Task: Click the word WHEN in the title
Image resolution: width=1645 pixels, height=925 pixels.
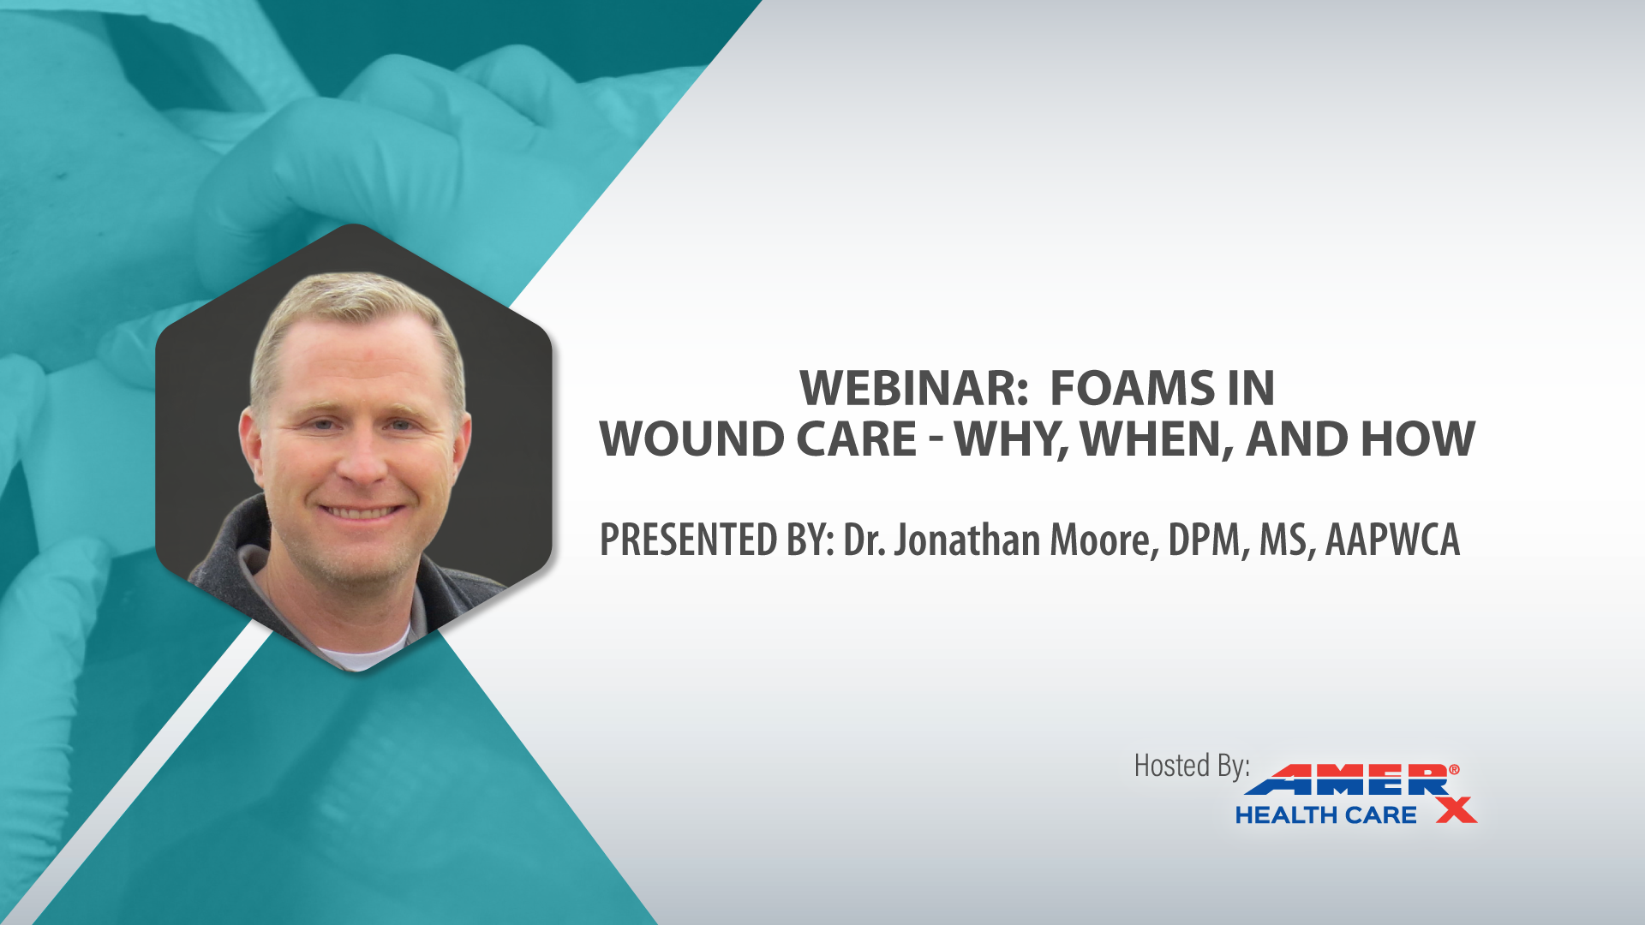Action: pos(1157,440)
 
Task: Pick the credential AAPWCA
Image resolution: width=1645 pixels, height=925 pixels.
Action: pos(1392,540)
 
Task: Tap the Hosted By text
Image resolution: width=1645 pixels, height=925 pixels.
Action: pos(1192,766)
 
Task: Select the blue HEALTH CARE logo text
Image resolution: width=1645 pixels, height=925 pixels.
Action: pos(1325,815)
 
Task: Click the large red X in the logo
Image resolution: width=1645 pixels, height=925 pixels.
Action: pos(1457,809)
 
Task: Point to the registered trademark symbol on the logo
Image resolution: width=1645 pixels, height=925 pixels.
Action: pos(1454,770)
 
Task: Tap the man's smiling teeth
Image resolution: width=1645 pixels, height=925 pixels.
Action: pos(361,512)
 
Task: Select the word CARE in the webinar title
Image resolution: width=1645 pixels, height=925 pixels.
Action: pos(857,439)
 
